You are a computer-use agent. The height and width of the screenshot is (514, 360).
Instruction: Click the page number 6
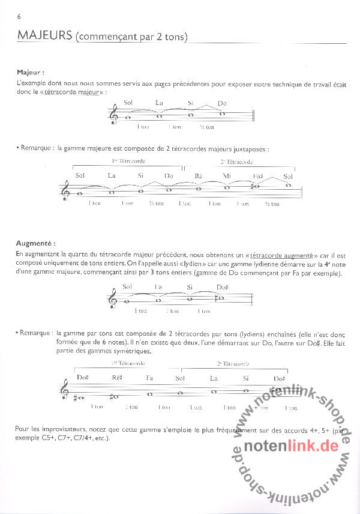pyautogui.click(x=20, y=16)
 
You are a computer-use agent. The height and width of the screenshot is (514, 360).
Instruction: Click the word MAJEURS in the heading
pyautogui.click(x=45, y=36)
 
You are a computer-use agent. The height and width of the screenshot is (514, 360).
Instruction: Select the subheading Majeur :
pyautogui.click(x=31, y=72)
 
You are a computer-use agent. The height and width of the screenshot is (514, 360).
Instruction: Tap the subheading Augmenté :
pyautogui.click(x=37, y=244)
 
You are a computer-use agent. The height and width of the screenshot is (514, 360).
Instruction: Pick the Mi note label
pyautogui.click(x=227, y=175)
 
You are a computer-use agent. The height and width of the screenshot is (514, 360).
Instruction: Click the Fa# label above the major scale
pyautogui.click(x=258, y=175)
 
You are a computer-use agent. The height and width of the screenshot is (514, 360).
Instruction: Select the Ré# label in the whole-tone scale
pyautogui.click(x=116, y=378)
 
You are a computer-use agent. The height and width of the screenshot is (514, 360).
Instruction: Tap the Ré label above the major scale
pyautogui.click(x=199, y=175)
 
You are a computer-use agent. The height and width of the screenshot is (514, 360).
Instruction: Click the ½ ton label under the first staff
pyautogui.click(x=207, y=127)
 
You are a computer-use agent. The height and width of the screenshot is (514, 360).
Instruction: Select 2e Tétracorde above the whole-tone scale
pyautogui.click(x=233, y=364)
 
